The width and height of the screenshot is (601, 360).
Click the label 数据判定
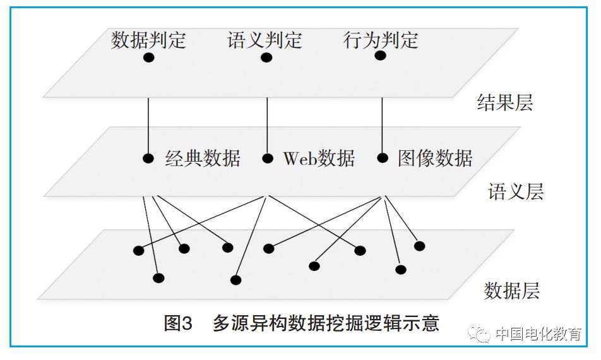point(148,40)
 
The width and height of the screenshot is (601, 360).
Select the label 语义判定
point(265,40)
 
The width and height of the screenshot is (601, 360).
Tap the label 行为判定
point(381,40)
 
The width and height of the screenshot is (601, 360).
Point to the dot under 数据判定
point(149,57)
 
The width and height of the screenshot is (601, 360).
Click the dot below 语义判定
point(266,57)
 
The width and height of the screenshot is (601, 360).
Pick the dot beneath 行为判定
point(380,56)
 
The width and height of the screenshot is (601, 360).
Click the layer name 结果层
point(505,103)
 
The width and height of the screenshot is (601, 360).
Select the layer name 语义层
point(516,192)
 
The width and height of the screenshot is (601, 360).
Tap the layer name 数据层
point(512,291)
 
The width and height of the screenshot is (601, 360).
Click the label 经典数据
point(203,158)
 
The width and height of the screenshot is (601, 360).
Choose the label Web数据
point(319,158)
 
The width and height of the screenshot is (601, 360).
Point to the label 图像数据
point(435,158)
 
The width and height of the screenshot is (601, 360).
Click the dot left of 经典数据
point(148,159)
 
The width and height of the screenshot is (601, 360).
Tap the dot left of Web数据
point(268,159)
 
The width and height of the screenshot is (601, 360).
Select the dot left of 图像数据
point(382,158)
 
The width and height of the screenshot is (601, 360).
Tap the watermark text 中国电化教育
point(538,334)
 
